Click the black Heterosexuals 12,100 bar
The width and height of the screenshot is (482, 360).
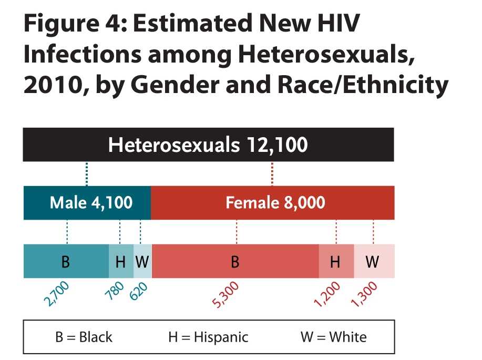click(208, 145)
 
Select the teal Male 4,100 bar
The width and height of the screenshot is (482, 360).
click(87, 202)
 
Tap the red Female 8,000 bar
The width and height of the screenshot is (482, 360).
click(272, 202)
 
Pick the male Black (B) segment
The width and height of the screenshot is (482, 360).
click(66, 261)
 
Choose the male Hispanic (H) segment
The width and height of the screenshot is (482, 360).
click(121, 261)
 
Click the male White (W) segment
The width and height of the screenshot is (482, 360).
click(142, 261)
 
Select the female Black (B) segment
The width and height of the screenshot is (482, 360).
click(235, 261)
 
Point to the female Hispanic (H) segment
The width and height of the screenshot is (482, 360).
click(336, 261)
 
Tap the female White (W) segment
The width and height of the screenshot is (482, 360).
click(373, 261)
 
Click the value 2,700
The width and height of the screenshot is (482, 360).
click(56, 294)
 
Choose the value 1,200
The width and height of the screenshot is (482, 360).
click(327, 294)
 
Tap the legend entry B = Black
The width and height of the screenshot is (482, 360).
click(84, 336)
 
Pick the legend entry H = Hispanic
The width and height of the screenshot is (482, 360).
click(208, 336)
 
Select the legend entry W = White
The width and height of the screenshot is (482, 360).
click(334, 336)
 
